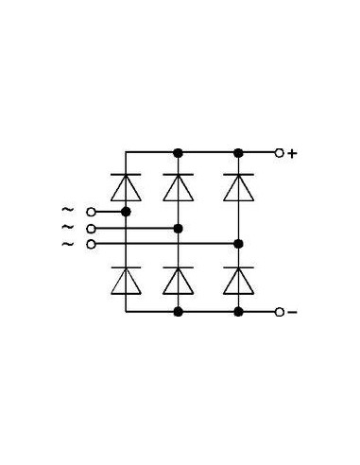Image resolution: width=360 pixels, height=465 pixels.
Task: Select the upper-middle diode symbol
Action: (178, 187)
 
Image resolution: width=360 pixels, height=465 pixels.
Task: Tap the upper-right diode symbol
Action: (238, 187)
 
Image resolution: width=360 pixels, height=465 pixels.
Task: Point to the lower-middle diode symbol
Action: (178, 280)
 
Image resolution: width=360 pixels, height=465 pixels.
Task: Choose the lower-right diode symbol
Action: (238, 280)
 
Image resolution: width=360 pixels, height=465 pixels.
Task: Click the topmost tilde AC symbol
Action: (66, 211)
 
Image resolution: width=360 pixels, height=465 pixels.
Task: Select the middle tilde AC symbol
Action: (66, 228)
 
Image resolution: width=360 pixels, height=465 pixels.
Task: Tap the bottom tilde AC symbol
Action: (66, 244)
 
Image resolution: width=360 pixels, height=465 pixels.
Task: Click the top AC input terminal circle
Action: (91, 212)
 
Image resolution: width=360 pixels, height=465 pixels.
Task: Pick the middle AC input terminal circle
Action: (91, 228)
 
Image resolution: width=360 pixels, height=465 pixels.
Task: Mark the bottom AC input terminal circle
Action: (91, 244)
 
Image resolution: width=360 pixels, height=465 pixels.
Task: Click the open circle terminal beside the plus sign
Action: (278, 152)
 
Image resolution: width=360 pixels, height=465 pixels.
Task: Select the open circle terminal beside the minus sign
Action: (278, 312)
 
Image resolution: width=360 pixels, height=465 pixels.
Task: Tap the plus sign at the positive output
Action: (292, 152)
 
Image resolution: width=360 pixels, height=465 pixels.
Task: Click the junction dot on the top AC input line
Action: (126, 212)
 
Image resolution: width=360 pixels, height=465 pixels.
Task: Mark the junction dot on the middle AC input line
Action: (178, 228)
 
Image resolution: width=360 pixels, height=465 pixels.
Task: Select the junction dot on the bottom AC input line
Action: (238, 244)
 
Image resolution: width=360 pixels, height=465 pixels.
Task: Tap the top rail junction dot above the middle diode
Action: (178, 152)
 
